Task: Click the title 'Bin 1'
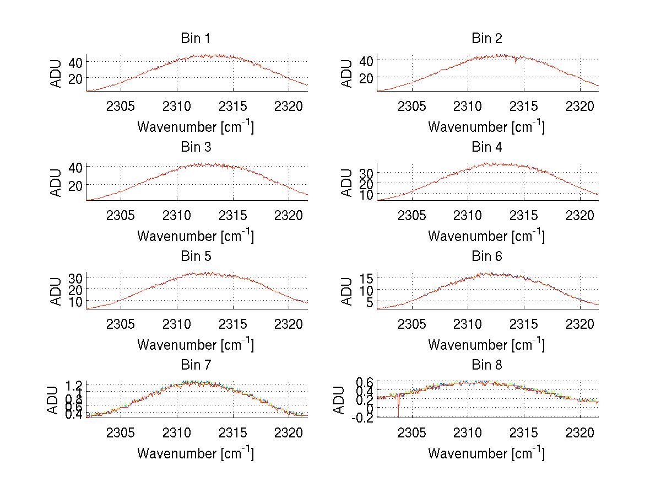[x=195, y=39]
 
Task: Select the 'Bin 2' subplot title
[x=486, y=39]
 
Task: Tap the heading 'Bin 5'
[x=195, y=256]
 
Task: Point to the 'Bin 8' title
[x=486, y=365]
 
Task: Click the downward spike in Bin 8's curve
[x=398, y=411]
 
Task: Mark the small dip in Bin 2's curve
[x=516, y=61]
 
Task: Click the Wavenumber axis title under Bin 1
[x=195, y=127]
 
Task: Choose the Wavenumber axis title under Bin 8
[x=486, y=453]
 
